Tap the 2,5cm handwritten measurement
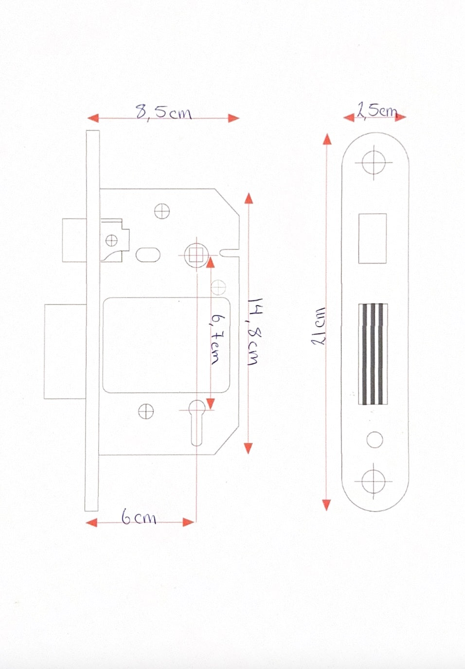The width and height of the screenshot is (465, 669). pos(377,110)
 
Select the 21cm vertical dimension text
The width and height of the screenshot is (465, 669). pos(319,326)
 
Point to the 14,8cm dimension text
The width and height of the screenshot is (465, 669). pos(254,331)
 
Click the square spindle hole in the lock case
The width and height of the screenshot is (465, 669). pos(197,255)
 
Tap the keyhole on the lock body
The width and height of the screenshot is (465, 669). pos(197,423)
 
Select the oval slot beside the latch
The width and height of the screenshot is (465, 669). pos(148,255)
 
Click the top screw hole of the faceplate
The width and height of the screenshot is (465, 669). pos(374,162)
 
